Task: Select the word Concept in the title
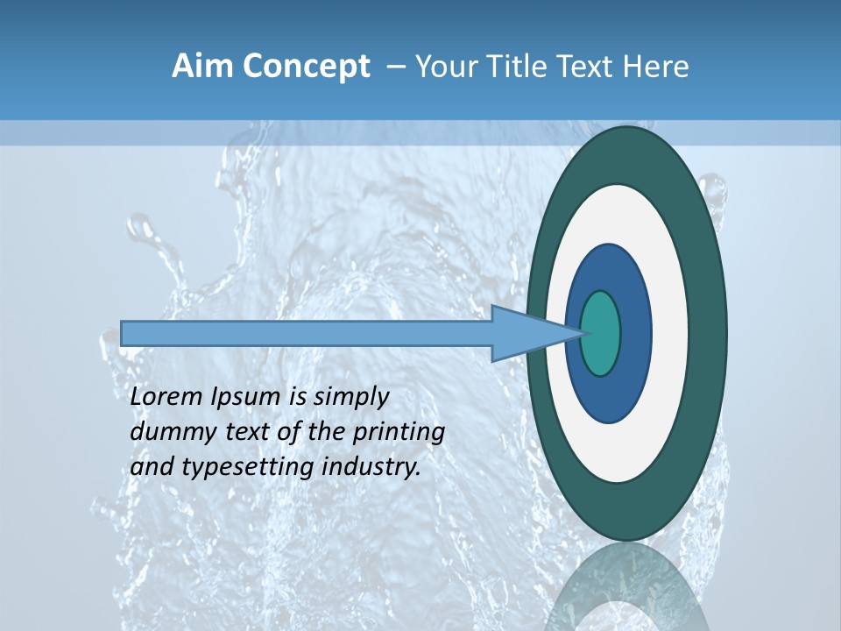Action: [x=306, y=67]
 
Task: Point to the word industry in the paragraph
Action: [x=371, y=467]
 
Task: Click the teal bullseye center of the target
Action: [x=601, y=333]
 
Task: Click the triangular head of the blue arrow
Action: [x=526, y=333]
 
